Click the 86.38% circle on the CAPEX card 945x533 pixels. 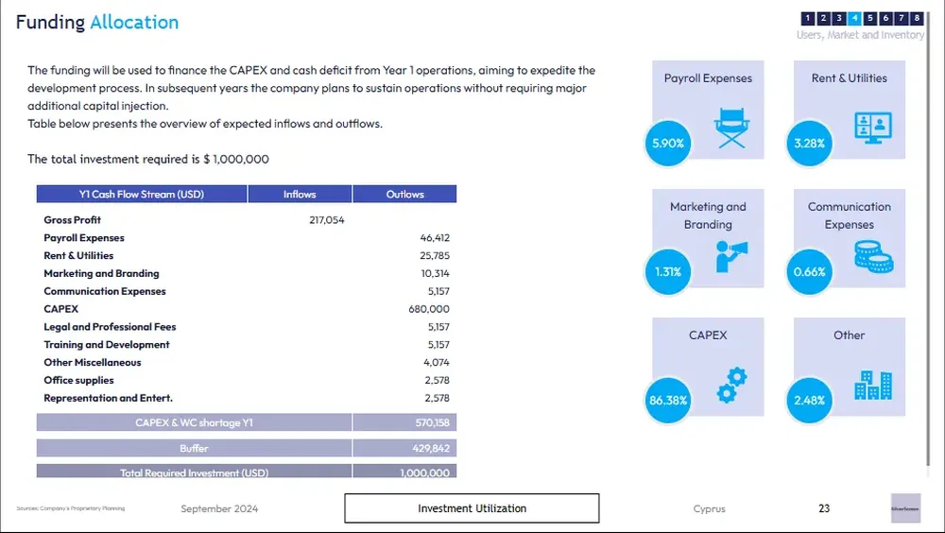tap(668, 400)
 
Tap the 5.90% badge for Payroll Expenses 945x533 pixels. tap(668, 144)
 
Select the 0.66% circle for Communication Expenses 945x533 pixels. tap(810, 272)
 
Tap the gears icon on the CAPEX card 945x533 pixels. tap(731, 385)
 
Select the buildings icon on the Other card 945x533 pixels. tap(872, 385)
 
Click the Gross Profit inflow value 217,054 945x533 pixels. tap(326, 220)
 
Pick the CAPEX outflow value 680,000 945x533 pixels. tap(429, 309)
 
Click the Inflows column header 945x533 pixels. tap(300, 195)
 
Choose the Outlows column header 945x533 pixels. tap(404, 195)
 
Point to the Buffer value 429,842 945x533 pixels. tap(427, 448)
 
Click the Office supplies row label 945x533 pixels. tap(78, 381)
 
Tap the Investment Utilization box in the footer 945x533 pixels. tap(472, 508)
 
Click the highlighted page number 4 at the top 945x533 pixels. tap(854, 18)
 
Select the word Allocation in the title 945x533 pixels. tap(133, 23)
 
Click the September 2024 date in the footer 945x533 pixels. tap(219, 509)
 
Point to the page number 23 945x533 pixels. tap(824, 508)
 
